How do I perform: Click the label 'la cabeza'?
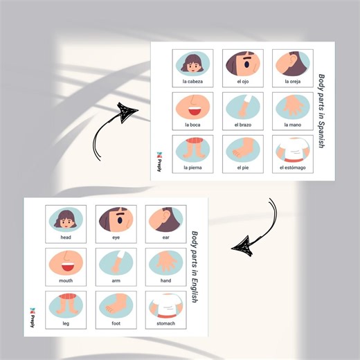click(192, 82)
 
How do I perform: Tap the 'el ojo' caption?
click(243, 82)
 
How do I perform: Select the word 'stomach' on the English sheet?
click(165, 323)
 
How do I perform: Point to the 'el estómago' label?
click(293, 168)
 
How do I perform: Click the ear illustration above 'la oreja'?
click(293, 64)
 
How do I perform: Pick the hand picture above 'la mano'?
click(293, 107)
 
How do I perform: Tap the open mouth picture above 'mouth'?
click(66, 263)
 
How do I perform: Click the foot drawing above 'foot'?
click(116, 306)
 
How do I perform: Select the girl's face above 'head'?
click(66, 220)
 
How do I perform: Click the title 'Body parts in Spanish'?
click(321, 111)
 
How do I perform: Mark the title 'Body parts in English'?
click(195, 267)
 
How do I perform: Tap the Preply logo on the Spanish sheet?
click(159, 161)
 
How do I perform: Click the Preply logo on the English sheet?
click(32, 318)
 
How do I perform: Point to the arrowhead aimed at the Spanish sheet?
click(126, 112)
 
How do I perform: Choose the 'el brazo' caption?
click(243, 125)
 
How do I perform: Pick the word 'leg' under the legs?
click(66, 324)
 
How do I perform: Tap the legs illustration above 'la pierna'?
click(192, 150)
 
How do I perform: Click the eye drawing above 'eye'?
click(116, 220)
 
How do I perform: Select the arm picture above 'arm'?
click(116, 263)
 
